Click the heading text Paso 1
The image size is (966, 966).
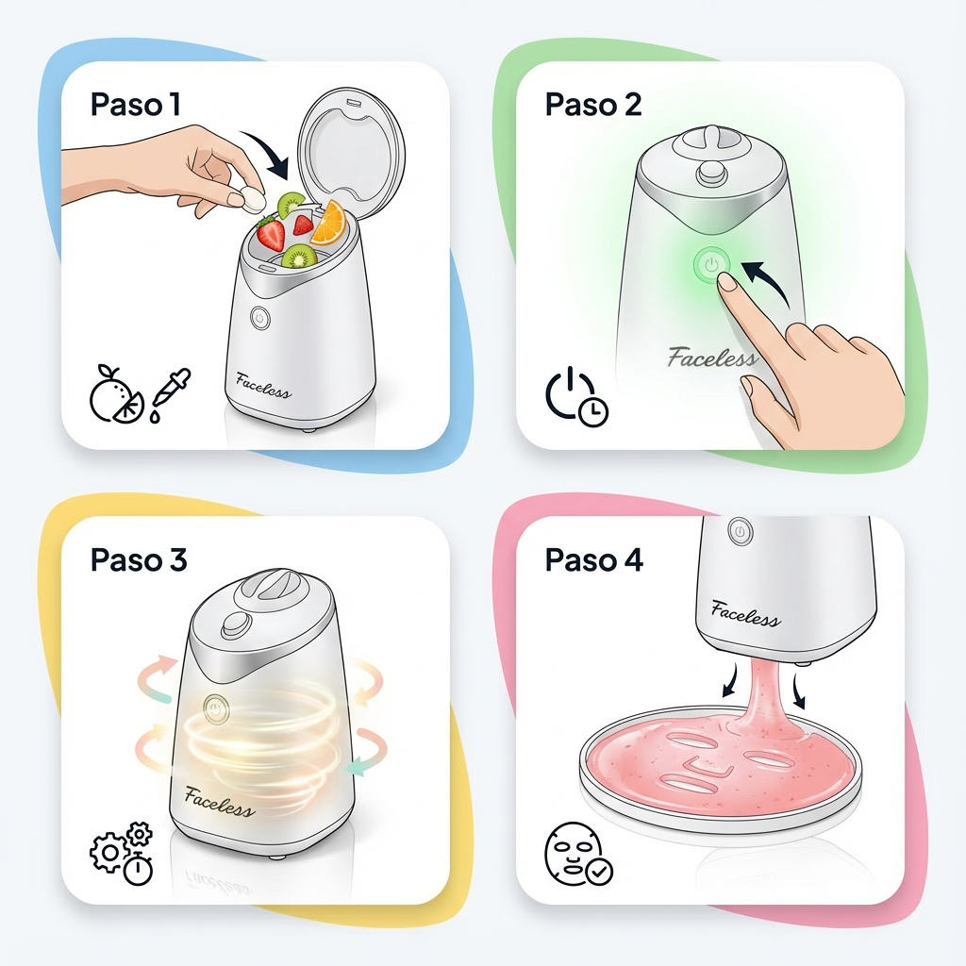pos(136,104)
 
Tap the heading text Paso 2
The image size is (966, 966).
pos(593,104)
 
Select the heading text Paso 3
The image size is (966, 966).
pos(138,559)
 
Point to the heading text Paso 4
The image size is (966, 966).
pos(594,559)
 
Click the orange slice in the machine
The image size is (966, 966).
pos(328,222)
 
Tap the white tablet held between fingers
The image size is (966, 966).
pos(253,198)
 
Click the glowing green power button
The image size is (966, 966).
pos(711,265)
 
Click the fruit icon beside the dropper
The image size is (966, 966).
pos(116,393)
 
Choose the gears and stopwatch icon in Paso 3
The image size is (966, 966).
pos(122,853)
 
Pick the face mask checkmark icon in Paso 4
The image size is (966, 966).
pos(578,853)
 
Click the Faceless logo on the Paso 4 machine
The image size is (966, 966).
pos(745,613)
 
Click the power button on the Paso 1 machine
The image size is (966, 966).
pos(260,319)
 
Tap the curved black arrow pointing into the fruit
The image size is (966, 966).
pos(269,151)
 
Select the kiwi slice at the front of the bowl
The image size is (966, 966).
pos(299,257)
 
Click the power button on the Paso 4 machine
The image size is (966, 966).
pos(740,531)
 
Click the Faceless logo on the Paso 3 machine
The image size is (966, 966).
pos(219,802)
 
